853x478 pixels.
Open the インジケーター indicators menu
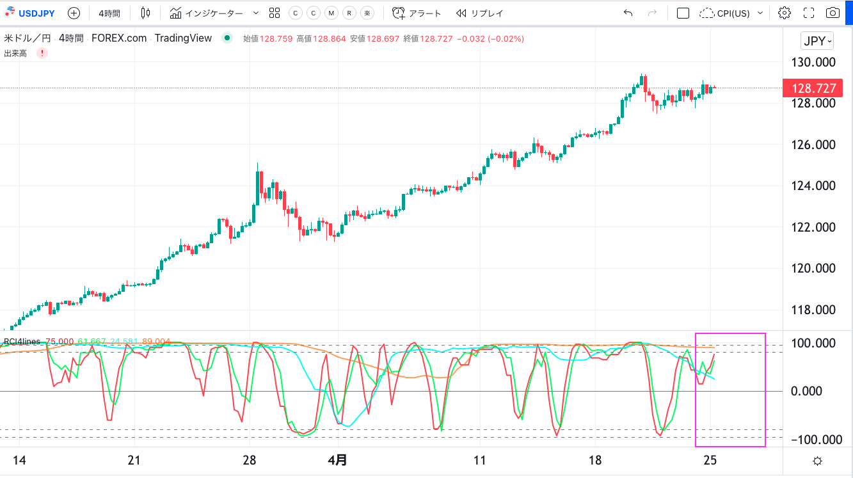[214, 13]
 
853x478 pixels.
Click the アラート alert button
[417, 13]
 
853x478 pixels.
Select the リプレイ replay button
[479, 13]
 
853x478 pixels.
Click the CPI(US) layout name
[732, 13]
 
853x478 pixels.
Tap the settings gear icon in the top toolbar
[784, 13]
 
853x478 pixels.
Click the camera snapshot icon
[833, 13]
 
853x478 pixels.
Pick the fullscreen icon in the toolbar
[808, 13]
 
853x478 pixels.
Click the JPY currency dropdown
[817, 41]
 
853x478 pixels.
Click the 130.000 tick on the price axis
[813, 62]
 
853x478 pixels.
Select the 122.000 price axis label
[813, 227]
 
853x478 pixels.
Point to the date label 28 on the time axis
[250, 460]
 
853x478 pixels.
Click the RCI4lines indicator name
[22, 341]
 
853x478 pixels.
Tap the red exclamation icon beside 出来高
[42, 53]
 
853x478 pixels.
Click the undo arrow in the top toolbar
[628, 13]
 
